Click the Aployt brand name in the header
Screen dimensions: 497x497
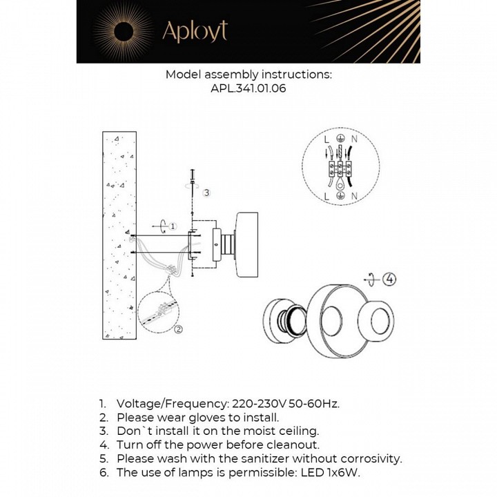pos(194,31)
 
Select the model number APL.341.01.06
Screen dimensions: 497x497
pos(248,88)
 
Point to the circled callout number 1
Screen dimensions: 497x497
pos(173,226)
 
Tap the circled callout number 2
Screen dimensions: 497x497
pos(178,329)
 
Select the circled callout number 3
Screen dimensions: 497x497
pos(205,193)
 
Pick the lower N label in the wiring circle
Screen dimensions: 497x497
pos(353,197)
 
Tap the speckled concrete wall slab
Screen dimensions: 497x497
pos(119,235)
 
